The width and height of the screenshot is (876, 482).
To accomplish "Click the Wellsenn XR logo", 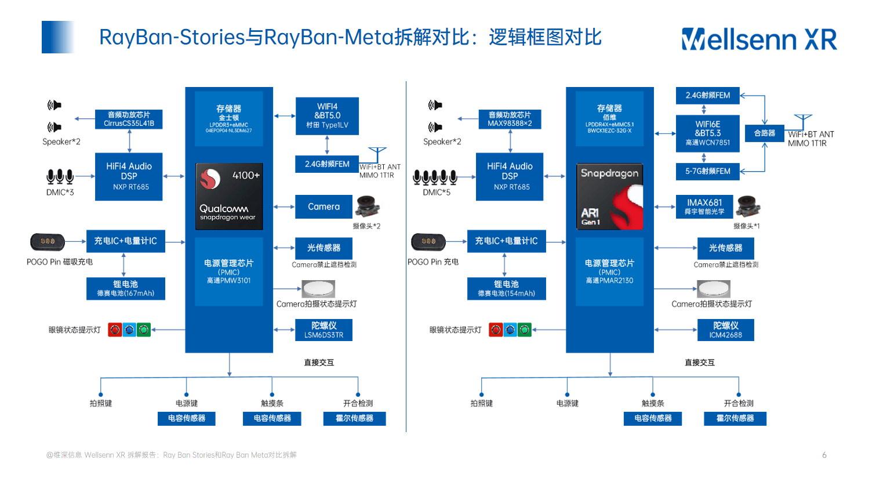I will tap(759, 39).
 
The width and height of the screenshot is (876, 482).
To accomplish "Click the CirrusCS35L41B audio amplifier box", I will tap(129, 119).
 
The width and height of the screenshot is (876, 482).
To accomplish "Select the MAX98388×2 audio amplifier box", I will tap(510, 119).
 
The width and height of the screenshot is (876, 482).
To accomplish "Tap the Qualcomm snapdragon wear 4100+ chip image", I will tap(229, 196).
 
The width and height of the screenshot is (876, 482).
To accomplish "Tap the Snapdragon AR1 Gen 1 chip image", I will tap(610, 196).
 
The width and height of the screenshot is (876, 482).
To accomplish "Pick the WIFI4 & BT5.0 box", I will tap(327, 116).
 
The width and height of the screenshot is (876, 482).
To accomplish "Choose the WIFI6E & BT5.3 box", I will tap(707, 133).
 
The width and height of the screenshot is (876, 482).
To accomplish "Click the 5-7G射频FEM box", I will tap(707, 171).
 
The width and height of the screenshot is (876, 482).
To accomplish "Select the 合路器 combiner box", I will tap(764, 133).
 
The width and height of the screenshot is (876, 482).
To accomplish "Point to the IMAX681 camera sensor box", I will tap(704, 206).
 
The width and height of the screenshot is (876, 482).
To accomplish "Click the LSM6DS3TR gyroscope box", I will tap(323, 330).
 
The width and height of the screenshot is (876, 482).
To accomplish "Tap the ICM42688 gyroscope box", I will tap(725, 330).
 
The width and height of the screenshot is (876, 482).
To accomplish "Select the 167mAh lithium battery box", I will tap(125, 288).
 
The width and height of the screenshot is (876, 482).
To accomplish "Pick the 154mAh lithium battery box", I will tap(506, 288).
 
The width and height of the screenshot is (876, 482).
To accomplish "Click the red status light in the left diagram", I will tap(115, 330).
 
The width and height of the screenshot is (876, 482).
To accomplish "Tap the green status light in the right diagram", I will tap(525, 330).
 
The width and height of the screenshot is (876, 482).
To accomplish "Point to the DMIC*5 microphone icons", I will tap(435, 176).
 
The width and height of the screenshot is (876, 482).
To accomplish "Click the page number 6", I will tap(824, 455).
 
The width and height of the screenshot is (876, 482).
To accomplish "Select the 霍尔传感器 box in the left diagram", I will tap(354, 418).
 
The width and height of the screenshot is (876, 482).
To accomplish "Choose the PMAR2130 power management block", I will tap(610, 271).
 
